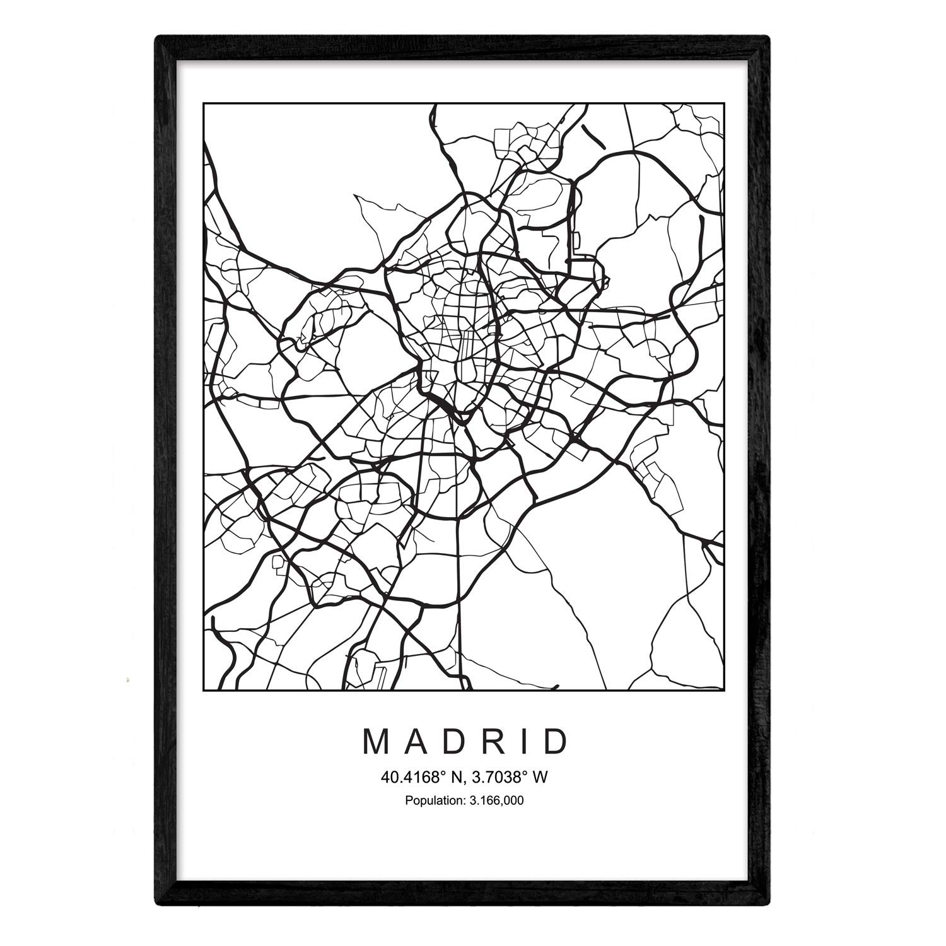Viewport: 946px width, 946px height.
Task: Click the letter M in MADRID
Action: tap(376, 742)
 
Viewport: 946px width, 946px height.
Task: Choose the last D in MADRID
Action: tap(555, 742)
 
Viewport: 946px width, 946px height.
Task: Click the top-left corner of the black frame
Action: tap(158, 37)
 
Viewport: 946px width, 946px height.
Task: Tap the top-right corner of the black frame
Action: tap(769, 37)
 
